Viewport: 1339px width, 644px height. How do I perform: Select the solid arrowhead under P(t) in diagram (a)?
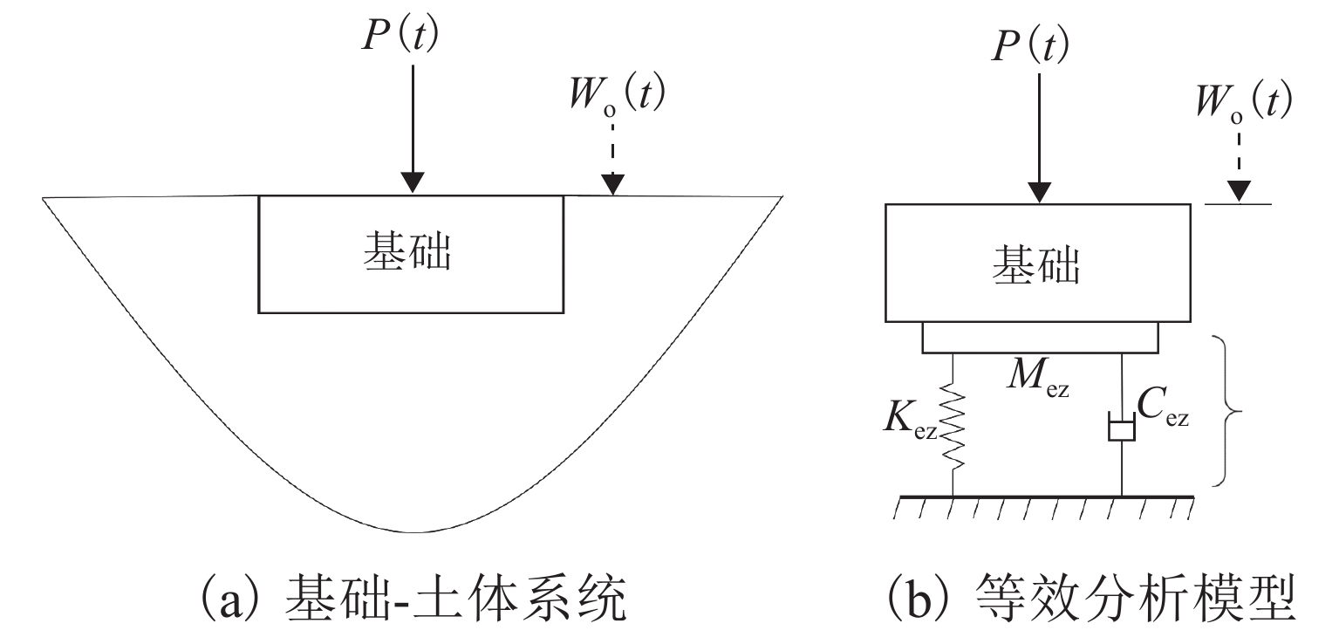[413, 182]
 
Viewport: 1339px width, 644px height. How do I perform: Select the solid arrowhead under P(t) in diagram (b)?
[1040, 191]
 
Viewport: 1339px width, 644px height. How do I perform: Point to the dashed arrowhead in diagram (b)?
[1239, 191]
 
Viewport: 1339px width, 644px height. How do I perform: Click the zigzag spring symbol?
[953, 425]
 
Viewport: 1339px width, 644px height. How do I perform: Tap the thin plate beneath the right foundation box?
[1040, 338]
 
